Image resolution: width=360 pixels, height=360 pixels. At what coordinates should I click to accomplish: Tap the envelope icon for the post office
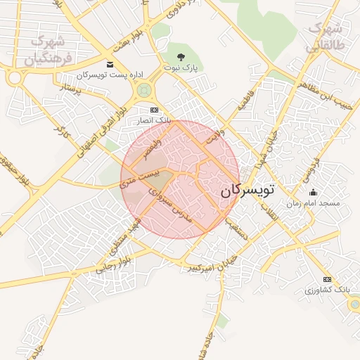tap(110, 65)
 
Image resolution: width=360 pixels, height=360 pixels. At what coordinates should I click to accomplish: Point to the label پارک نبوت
tap(181, 67)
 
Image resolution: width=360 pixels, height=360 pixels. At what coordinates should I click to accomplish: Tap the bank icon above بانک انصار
tap(155, 110)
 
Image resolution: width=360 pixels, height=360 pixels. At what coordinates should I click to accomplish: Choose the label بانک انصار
tap(155, 121)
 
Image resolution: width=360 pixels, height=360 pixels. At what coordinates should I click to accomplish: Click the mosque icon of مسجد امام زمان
tap(313, 192)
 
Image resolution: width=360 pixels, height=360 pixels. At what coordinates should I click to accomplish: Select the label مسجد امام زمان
tap(313, 202)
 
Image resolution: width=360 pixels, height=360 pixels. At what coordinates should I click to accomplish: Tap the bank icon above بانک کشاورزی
tap(327, 279)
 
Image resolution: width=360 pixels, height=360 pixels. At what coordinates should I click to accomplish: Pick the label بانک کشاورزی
tap(328, 290)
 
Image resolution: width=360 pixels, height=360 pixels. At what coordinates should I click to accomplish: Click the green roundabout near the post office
tap(145, 89)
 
